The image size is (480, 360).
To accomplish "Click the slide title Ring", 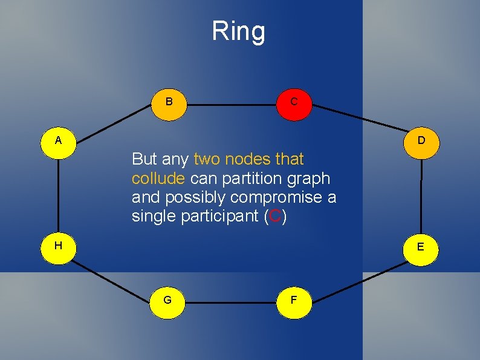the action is [238, 31].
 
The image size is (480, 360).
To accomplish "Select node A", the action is [59, 140].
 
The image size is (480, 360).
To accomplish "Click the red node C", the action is [294, 102].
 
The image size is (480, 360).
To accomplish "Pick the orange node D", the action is [421, 140].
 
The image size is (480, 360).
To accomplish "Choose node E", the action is [421, 247].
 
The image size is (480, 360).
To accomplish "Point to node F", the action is [294, 299].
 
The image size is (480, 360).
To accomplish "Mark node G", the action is [167, 299].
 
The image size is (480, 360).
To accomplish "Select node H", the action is [57, 246].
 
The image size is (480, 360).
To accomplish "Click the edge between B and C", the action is [232, 105].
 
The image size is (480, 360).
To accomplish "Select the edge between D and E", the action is [421, 194].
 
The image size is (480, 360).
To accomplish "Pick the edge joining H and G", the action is [112, 273].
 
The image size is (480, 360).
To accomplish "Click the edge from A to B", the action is [114, 122].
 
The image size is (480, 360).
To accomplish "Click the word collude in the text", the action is [158, 179].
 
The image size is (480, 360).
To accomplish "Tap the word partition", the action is [249, 179].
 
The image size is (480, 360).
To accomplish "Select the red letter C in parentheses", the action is [275, 217].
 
